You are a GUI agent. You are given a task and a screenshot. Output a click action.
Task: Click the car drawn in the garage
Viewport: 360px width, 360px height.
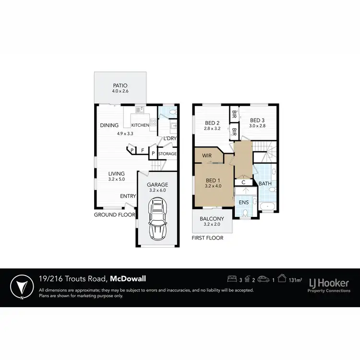[157, 220]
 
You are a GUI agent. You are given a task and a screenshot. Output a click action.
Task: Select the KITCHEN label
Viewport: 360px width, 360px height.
[141, 125]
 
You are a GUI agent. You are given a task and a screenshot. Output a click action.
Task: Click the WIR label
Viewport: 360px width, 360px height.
[207, 156]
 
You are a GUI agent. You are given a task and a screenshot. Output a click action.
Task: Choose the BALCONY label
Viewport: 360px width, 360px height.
[212, 218]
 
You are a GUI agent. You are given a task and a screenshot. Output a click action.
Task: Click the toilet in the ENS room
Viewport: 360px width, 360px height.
[245, 213]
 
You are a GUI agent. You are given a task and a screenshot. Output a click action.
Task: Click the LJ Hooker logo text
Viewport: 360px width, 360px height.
[329, 281]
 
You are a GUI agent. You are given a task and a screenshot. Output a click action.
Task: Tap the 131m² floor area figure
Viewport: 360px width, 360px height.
[297, 278]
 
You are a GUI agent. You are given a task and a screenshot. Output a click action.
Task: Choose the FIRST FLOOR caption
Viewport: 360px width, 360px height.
[207, 237]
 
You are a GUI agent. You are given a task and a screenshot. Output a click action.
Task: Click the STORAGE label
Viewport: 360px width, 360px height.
[168, 154]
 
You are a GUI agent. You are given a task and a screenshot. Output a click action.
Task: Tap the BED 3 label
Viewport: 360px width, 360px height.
[257, 120]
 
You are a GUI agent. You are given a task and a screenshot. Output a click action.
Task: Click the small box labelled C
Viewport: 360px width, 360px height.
[244, 182]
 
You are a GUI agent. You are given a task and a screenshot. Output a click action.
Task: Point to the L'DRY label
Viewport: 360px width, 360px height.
[170, 139]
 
